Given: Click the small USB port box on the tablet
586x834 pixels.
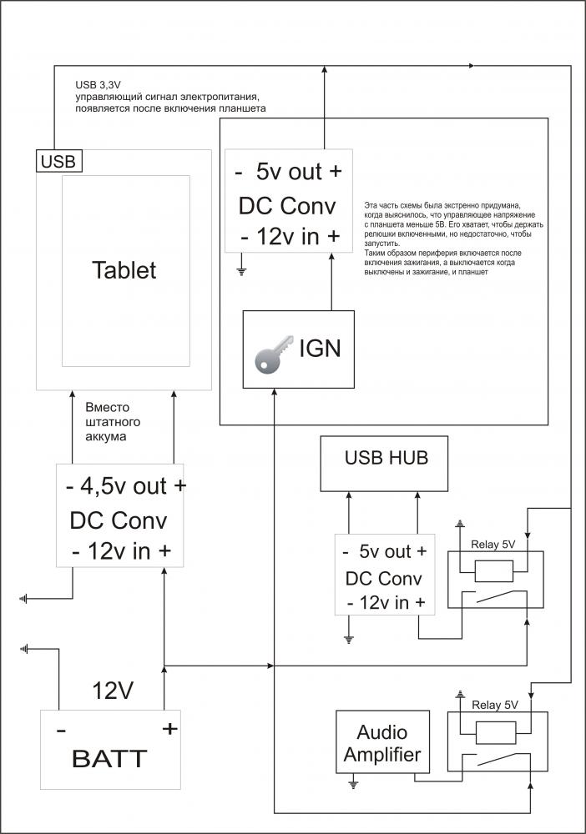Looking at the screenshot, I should pos(58,161).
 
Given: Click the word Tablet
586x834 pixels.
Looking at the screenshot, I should pos(124,270).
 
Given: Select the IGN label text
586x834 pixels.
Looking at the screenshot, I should pos(320,348).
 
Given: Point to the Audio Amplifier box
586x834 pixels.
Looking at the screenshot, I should pos(381,744).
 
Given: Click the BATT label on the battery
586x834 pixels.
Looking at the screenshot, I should pos(110,759).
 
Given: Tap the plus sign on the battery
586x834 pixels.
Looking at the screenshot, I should pos(169,729).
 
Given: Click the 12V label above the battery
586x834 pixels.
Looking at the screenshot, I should pos(114,691).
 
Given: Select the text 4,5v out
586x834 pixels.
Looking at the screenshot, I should pos(125,486).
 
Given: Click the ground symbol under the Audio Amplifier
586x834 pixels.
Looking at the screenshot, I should pos(354,785).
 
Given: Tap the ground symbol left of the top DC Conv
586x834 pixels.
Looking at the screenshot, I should pos(241,269).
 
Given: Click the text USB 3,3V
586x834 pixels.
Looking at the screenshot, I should pos(97,85).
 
